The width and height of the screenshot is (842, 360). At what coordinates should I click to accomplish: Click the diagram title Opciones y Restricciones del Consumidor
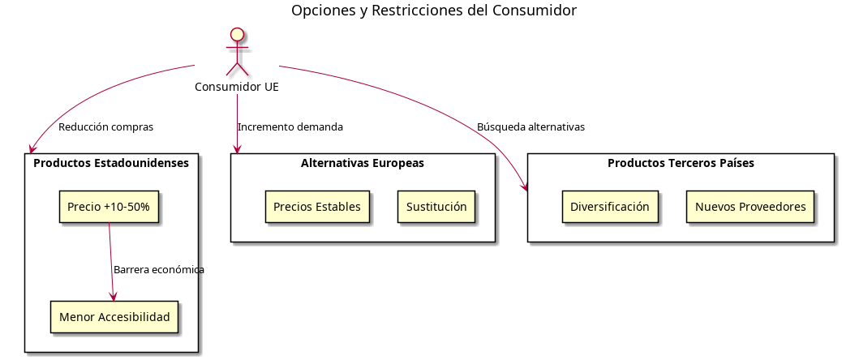(x=434, y=11)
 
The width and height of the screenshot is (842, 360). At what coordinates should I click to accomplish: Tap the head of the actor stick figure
(x=237, y=35)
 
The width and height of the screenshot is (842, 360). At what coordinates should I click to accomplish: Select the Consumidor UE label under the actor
(x=237, y=87)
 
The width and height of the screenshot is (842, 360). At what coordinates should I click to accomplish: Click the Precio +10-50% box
(x=109, y=207)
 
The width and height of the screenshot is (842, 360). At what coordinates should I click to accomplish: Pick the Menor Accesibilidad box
(x=114, y=317)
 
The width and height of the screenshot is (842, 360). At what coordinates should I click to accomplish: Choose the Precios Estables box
(x=317, y=207)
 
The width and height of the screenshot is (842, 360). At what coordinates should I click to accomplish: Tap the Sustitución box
(x=436, y=207)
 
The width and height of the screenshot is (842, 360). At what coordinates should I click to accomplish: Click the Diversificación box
(x=610, y=207)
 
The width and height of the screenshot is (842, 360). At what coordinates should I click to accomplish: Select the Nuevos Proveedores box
(x=750, y=207)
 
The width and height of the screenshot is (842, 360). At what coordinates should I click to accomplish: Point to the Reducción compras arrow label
(x=105, y=127)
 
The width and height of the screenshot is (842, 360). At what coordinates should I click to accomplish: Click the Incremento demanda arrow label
(x=290, y=127)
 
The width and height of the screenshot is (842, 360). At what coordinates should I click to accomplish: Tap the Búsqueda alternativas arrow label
(x=531, y=127)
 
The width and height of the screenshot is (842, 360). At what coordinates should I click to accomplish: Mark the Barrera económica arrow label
(x=159, y=270)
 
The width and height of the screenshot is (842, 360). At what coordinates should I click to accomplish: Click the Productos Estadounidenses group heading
(x=111, y=163)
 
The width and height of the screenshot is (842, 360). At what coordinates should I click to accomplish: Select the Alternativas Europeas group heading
(x=363, y=163)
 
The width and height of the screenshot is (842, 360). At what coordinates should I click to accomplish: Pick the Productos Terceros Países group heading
(x=681, y=163)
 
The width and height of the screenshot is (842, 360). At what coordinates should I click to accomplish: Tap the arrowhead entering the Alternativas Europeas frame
(x=237, y=148)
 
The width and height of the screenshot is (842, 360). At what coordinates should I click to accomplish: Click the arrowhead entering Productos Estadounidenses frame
(x=32, y=149)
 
